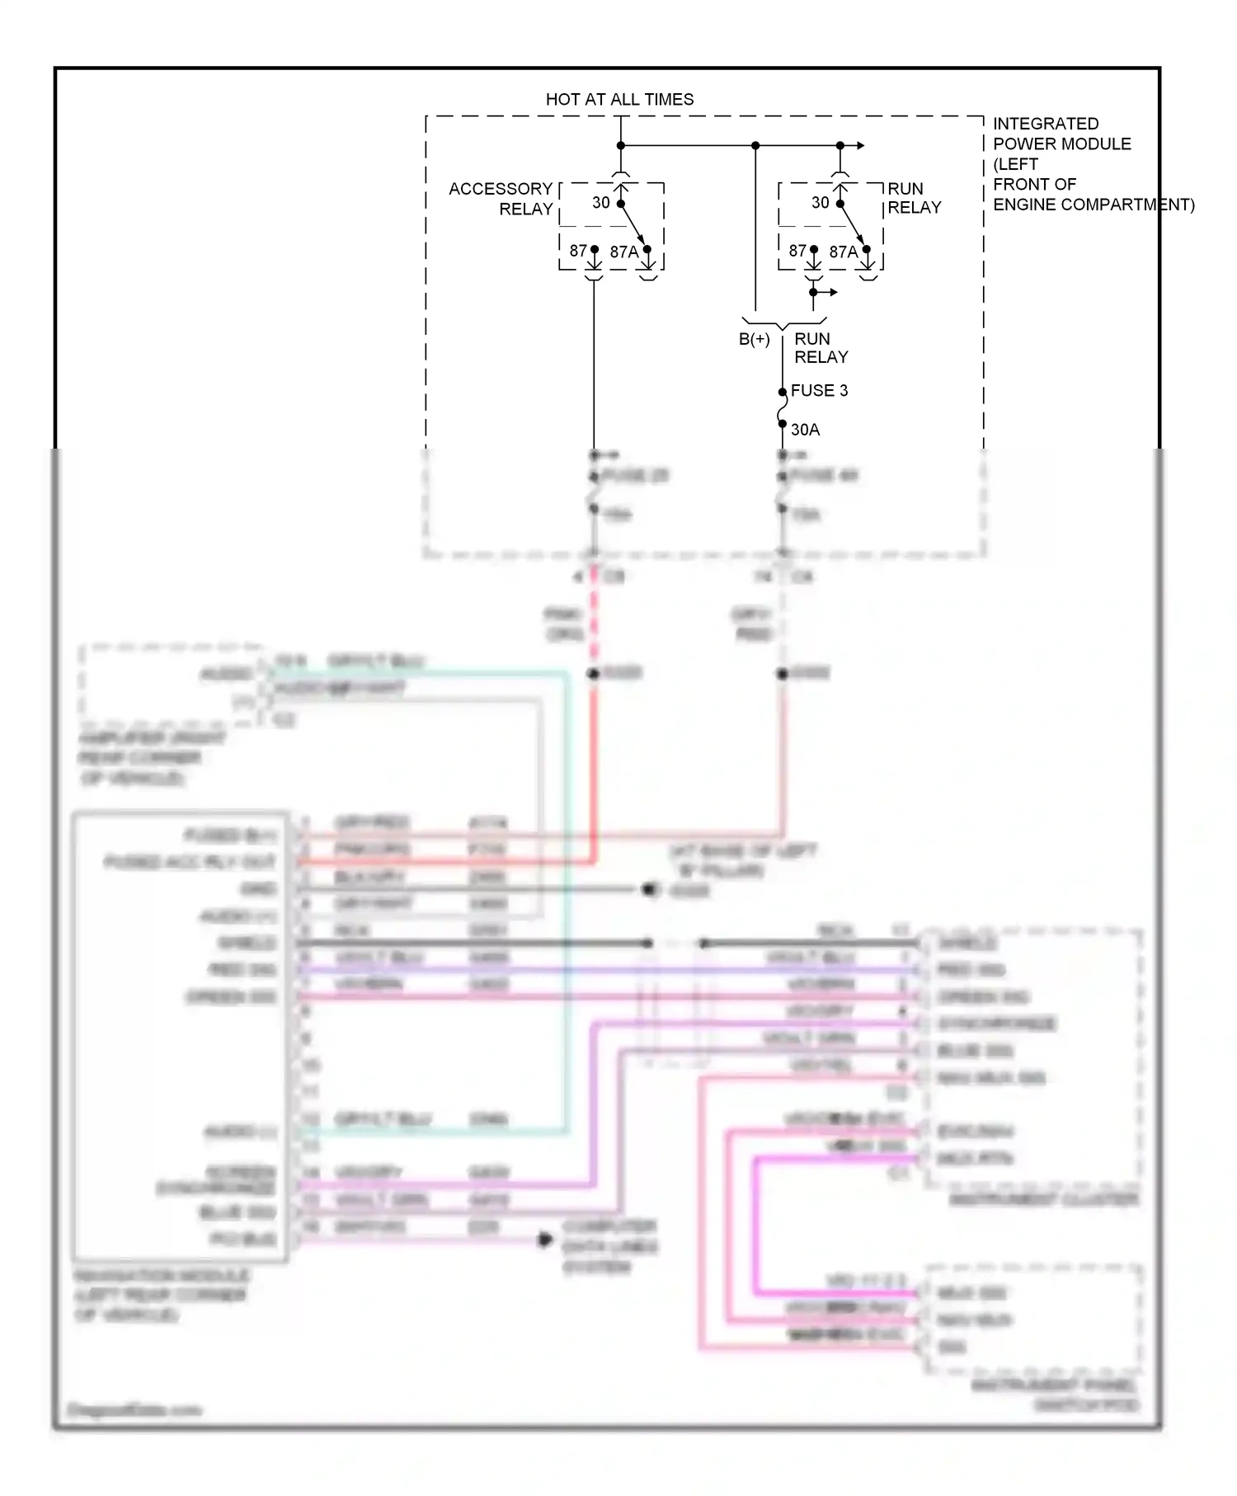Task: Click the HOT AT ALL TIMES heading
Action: tap(619, 100)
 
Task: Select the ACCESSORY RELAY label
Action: tap(501, 199)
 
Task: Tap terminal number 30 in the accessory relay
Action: tap(601, 203)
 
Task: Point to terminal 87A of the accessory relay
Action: tap(623, 252)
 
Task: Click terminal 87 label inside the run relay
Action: tap(797, 251)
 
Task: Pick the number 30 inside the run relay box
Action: tap(820, 203)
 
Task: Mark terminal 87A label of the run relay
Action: tap(843, 252)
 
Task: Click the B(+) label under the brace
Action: tap(754, 339)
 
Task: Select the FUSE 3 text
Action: tap(818, 391)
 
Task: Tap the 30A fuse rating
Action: tap(805, 430)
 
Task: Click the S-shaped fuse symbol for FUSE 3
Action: tap(782, 409)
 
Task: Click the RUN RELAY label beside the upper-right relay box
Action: tap(914, 198)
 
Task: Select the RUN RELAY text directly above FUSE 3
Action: tap(821, 348)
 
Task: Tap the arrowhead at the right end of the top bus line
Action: tap(860, 146)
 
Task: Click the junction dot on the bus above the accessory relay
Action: tap(621, 146)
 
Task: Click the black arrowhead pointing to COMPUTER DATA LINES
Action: tap(545, 1240)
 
